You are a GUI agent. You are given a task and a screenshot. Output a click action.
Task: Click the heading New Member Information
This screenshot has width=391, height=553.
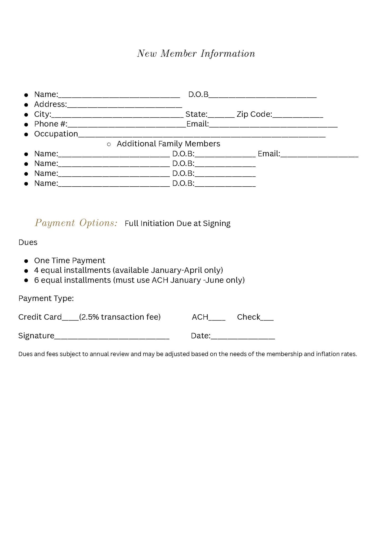click(x=196, y=54)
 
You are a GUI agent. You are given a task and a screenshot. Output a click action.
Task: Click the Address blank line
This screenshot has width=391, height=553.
click(x=124, y=105)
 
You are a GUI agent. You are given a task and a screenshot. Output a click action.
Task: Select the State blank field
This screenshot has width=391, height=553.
click(x=221, y=115)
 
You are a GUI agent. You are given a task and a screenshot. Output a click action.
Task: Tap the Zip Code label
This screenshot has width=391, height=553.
click(x=254, y=114)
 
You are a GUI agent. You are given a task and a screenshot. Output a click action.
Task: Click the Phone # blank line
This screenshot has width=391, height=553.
click(x=127, y=125)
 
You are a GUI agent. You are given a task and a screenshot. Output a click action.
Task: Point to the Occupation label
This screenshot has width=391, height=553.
click(x=56, y=134)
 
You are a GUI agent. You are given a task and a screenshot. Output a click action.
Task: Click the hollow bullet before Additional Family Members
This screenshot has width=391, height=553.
click(x=109, y=144)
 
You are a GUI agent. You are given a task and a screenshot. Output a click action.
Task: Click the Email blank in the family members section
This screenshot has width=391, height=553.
click(x=319, y=155)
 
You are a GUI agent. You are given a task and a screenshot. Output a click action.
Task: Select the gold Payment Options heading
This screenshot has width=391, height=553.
click(x=76, y=223)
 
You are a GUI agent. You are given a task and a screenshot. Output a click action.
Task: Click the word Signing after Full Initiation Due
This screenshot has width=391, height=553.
click(x=217, y=223)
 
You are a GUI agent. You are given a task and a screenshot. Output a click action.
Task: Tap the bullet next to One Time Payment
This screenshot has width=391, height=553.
click(x=26, y=261)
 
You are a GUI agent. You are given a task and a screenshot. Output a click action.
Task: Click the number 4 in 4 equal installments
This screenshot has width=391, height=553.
click(x=36, y=270)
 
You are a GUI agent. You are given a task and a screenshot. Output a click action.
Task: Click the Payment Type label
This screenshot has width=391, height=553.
click(x=46, y=298)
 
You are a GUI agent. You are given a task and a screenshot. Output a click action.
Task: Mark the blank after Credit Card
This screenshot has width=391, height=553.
click(x=70, y=318)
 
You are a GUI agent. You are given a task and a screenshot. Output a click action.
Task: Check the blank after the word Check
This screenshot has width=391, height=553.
click(x=267, y=318)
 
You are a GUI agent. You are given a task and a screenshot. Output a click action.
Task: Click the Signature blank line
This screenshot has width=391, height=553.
click(x=112, y=337)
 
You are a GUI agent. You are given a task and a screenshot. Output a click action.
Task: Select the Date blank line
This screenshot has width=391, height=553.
click(x=243, y=337)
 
